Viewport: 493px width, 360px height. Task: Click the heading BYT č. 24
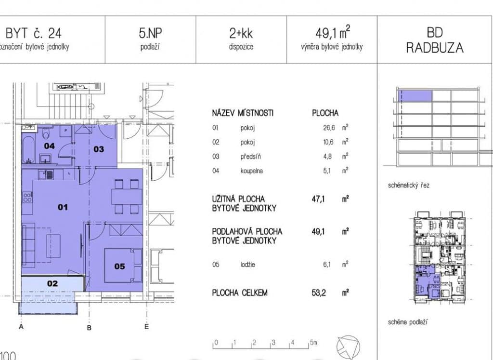coord(34,33)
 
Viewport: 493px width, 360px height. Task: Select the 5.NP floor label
coord(150,33)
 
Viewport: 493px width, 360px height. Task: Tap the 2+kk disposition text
coord(241,33)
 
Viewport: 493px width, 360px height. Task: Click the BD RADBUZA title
coord(435,40)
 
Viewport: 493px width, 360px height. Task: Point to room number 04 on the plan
coord(50,146)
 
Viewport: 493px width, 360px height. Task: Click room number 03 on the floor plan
coord(99,149)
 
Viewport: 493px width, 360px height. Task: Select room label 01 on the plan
coord(63,207)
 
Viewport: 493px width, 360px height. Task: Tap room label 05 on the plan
coord(119,267)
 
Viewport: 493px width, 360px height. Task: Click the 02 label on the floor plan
coord(52,283)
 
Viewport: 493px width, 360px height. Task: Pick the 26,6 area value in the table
coord(329,127)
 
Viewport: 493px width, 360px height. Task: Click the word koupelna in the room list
coord(251,171)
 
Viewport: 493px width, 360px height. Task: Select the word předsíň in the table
coord(250,157)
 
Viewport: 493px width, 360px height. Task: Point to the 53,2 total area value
coord(319,293)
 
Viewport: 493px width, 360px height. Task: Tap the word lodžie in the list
coord(248,264)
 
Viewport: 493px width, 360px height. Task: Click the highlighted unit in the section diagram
coord(415,96)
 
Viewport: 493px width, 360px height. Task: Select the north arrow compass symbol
coord(348,347)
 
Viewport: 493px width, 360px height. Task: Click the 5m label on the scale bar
coord(313,342)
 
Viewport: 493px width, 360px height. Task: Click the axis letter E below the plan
coord(146,327)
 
